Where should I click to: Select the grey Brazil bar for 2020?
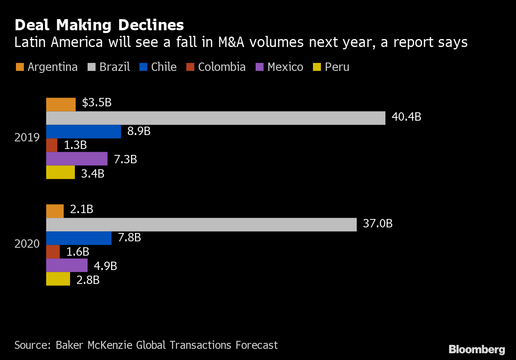point(201,225)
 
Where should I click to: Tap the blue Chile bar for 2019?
point(84,131)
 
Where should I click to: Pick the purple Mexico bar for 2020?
point(67,265)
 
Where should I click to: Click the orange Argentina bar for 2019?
point(61,104)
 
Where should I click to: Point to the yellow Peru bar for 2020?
point(58,279)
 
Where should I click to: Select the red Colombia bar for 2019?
point(52,145)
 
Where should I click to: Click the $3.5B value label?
point(96,103)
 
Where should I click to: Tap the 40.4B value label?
point(406,117)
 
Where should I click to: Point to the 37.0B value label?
point(377,224)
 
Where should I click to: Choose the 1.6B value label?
point(78,252)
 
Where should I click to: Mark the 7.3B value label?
point(125,159)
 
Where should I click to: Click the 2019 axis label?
point(27,138)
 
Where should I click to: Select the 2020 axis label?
point(27,244)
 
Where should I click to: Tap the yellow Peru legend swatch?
point(317,67)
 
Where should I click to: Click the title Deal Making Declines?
point(99,25)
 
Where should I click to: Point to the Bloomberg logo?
point(477,349)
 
